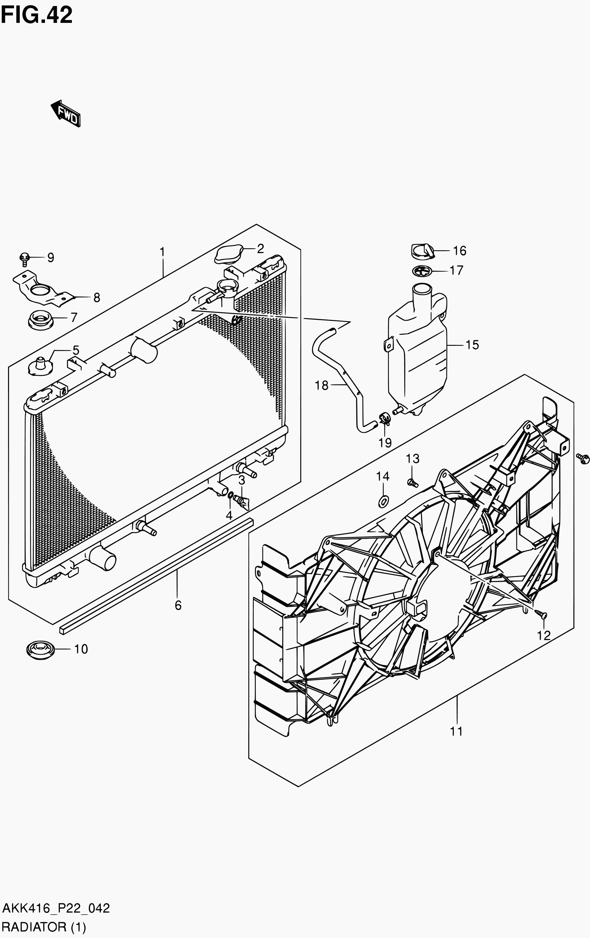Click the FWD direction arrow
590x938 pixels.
[66, 113]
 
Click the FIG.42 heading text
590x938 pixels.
[37, 15]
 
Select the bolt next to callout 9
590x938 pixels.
[25, 258]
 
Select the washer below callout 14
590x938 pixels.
[383, 502]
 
